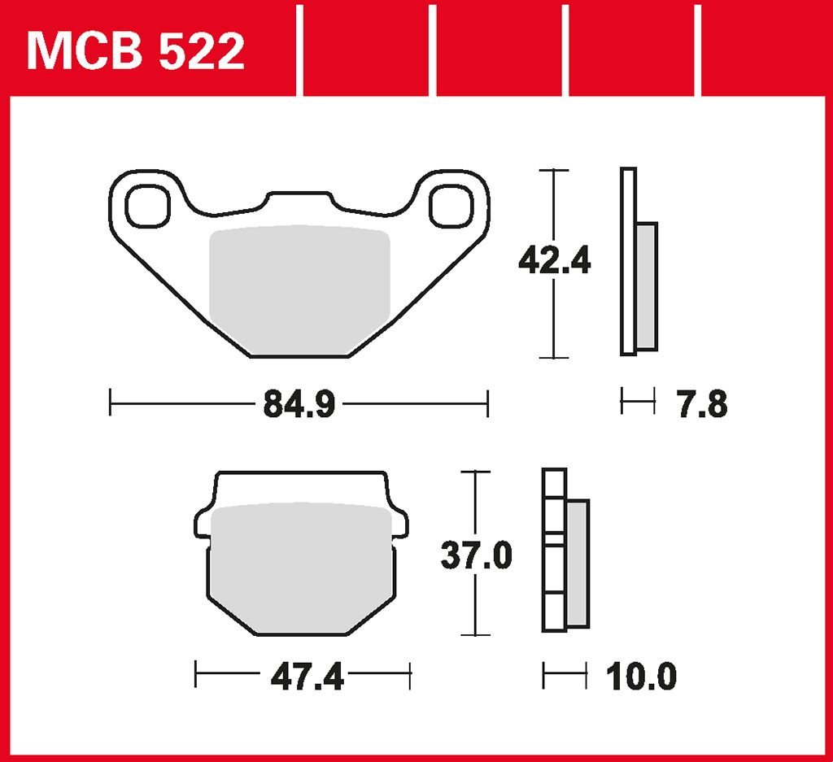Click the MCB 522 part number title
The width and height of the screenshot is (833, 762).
click(x=136, y=51)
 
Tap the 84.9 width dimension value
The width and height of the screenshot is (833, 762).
click(x=299, y=404)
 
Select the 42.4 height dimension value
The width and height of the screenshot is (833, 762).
click(x=554, y=261)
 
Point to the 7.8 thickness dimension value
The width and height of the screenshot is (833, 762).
click(x=702, y=404)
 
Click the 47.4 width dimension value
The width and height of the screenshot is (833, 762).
click(x=307, y=677)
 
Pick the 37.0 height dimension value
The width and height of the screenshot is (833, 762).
click(x=476, y=556)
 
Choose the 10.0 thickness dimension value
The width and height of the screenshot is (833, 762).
click(x=641, y=677)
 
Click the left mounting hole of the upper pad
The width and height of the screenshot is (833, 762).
click(x=148, y=206)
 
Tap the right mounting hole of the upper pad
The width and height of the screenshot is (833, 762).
click(x=451, y=206)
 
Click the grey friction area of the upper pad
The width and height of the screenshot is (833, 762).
click(x=300, y=290)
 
